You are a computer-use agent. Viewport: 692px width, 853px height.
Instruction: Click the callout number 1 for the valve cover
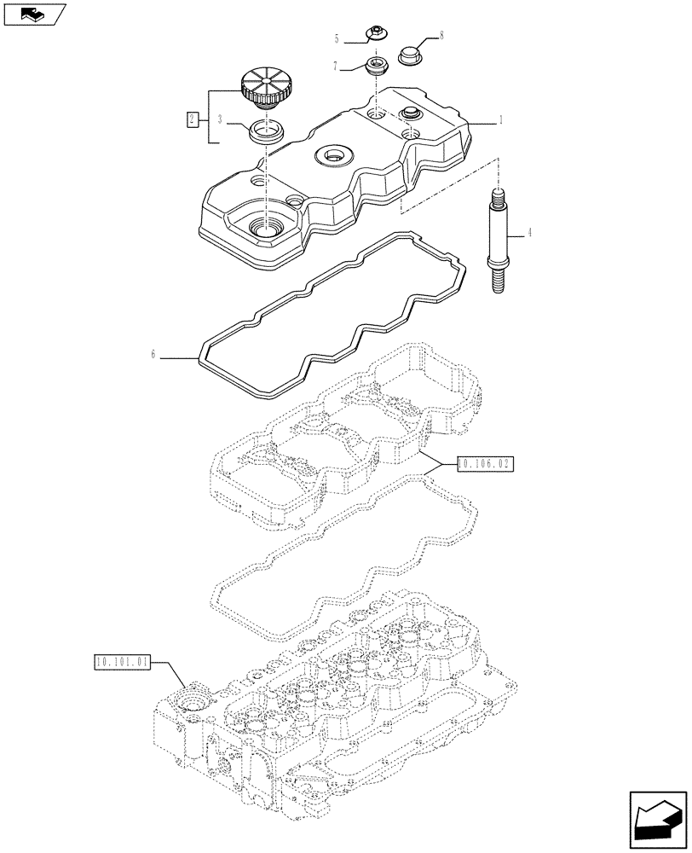[501, 121]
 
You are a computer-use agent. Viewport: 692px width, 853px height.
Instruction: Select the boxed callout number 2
[193, 119]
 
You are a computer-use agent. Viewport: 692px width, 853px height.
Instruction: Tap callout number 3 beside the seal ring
[220, 120]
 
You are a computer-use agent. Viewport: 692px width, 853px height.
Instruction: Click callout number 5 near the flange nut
[337, 38]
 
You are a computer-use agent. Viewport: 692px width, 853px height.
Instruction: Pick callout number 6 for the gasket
[153, 355]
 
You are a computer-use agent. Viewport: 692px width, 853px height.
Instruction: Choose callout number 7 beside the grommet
[337, 65]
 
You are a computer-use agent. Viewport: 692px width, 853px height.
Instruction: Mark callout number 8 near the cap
[441, 36]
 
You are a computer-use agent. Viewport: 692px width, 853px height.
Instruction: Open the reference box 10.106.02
[486, 464]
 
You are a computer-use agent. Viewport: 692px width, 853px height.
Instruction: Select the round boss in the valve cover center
[332, 155]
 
